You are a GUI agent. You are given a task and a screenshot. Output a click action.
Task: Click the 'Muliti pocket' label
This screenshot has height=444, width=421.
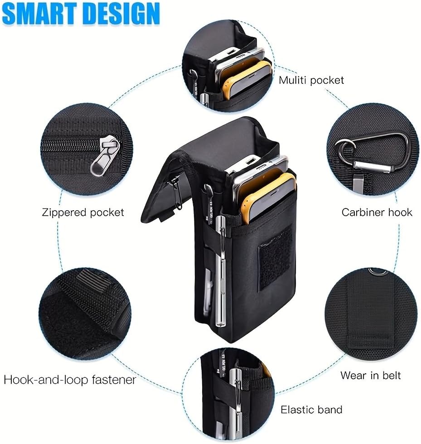pyautogui.click(x=311, y=80)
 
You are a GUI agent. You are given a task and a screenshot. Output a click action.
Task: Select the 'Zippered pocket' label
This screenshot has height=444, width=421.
pyautogui.click(x=83, y=212)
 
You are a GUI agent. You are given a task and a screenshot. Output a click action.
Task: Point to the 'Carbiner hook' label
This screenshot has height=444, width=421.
pyautogui.click(x=377, y=212)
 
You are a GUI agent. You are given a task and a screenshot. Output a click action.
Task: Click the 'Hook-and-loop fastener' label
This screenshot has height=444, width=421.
pyautogui.click(x=70, y=380)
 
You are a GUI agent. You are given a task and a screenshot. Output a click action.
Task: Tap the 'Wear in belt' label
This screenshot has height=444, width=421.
pyautogui.click(x=370, y=376)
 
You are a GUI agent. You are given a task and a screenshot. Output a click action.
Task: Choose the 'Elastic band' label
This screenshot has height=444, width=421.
pyautogui.click(x=311, y=410)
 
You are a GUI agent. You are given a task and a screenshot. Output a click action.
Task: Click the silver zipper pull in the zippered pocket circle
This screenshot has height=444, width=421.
pyautogui.click(x=105, y=155)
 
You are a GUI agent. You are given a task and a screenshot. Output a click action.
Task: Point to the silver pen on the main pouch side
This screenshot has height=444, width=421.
pyautogui.click(x=220, y=270)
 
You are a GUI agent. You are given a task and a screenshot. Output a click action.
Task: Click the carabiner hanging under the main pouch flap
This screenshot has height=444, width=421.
pyautogui.click(x=176, y=193)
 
